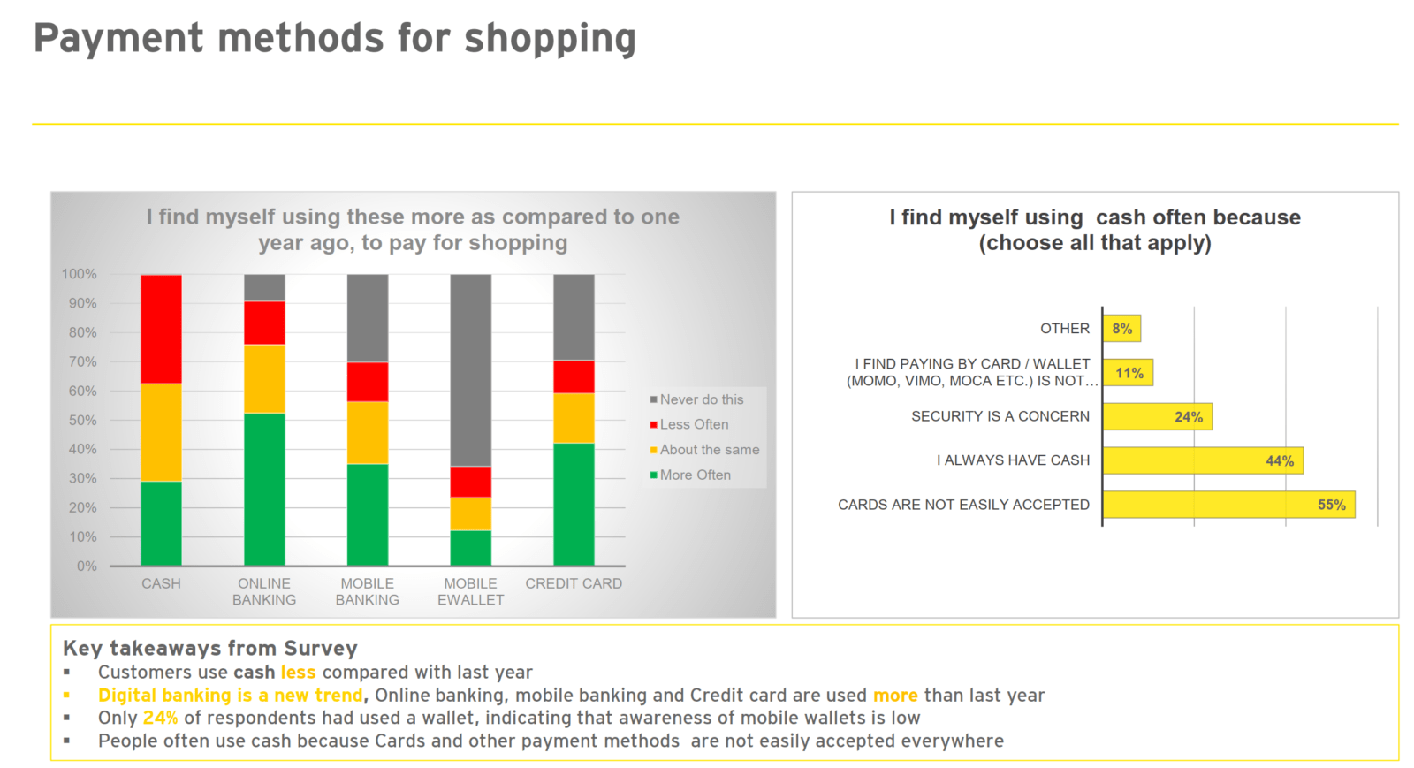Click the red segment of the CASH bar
click(161, 329)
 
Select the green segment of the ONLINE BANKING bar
click(264, 489)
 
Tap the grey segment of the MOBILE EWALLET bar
click(471, 370)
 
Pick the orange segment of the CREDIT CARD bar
click(574, 418)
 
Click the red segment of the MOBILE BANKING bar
click(368, 382)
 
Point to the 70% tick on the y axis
click(83, 361)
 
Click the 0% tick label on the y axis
click(87, 566)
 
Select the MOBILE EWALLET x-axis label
click(471, 592)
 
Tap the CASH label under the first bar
click(161, 583)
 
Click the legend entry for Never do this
click(697, 399)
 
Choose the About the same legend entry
click(704, 450)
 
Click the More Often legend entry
click(690, 475)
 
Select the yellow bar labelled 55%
click(1229, 505)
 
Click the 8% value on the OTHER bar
click(1121, 329)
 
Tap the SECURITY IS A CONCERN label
click(1000, 416)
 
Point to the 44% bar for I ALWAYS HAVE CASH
click(1203, 460)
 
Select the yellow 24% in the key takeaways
click(160, 719)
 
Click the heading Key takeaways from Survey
click(210, 648)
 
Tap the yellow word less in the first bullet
click(298, 672)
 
